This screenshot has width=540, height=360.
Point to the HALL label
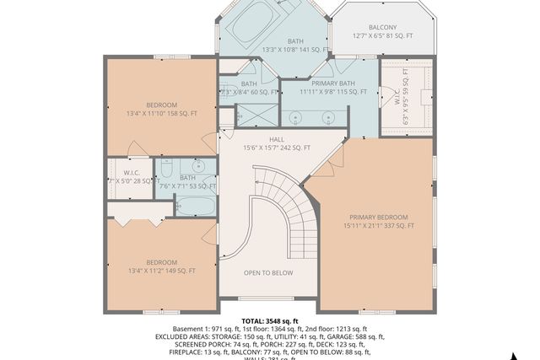click(277, 139)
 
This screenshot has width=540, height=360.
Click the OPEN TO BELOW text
click(268, 272)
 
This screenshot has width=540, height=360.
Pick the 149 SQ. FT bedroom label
click(161, 266)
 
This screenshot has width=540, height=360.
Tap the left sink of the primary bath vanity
click(296, 116)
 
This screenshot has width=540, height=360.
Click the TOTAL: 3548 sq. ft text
click(270, 321)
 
